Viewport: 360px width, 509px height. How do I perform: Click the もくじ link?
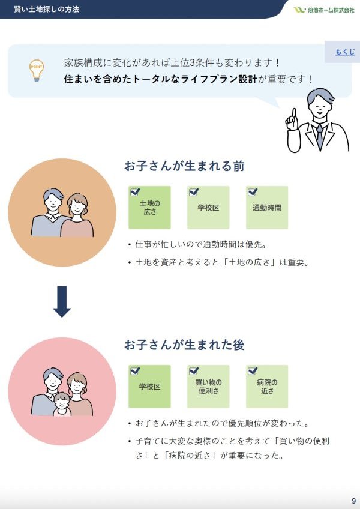(x=345, y=52)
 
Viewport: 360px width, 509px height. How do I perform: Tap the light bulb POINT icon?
(x=37, y=70)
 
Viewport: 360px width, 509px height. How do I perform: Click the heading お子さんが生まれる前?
(x=184, y=166)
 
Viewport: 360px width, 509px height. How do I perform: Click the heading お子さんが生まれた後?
(x=184, y=345)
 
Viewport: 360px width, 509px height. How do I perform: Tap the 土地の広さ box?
(x=149, y=208)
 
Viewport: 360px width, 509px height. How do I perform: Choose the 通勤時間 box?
(x=267, y=208)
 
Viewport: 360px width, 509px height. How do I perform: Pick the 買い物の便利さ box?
(x=208, y=387)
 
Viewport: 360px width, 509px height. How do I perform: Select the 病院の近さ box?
(x=267, y=387)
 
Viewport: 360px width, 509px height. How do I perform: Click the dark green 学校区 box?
(x=149, y=387)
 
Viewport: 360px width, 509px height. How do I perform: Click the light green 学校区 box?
(x=208, y=208)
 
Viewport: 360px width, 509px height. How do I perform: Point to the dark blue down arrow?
(x=62, y=301)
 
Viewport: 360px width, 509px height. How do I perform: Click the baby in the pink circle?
(x=61, y=404)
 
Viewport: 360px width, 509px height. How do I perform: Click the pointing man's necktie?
(x=320, y=136)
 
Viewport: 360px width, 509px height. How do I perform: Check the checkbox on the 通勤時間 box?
(x=253, y=192)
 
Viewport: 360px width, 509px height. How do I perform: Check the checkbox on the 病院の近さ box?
(x=253, y=371)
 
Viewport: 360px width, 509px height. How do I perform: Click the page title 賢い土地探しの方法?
(x=46, y=10)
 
